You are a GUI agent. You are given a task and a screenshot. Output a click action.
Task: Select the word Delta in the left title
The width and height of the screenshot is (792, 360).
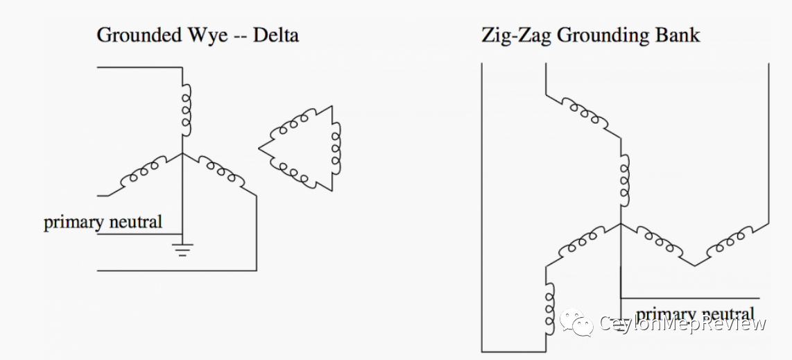275,35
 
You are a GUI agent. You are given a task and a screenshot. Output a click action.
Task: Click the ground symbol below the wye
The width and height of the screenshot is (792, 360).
182,250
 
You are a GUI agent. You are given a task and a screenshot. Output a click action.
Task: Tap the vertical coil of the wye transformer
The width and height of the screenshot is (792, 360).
186,111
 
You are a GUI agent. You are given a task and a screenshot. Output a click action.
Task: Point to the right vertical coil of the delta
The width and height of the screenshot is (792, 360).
336,148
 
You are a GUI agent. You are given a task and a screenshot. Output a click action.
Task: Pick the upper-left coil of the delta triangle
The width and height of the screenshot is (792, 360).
294,125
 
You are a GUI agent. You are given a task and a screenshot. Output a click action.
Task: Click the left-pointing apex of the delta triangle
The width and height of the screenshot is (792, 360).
260,148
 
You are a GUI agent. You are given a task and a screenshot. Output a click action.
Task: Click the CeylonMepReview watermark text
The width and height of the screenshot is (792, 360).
682,324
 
